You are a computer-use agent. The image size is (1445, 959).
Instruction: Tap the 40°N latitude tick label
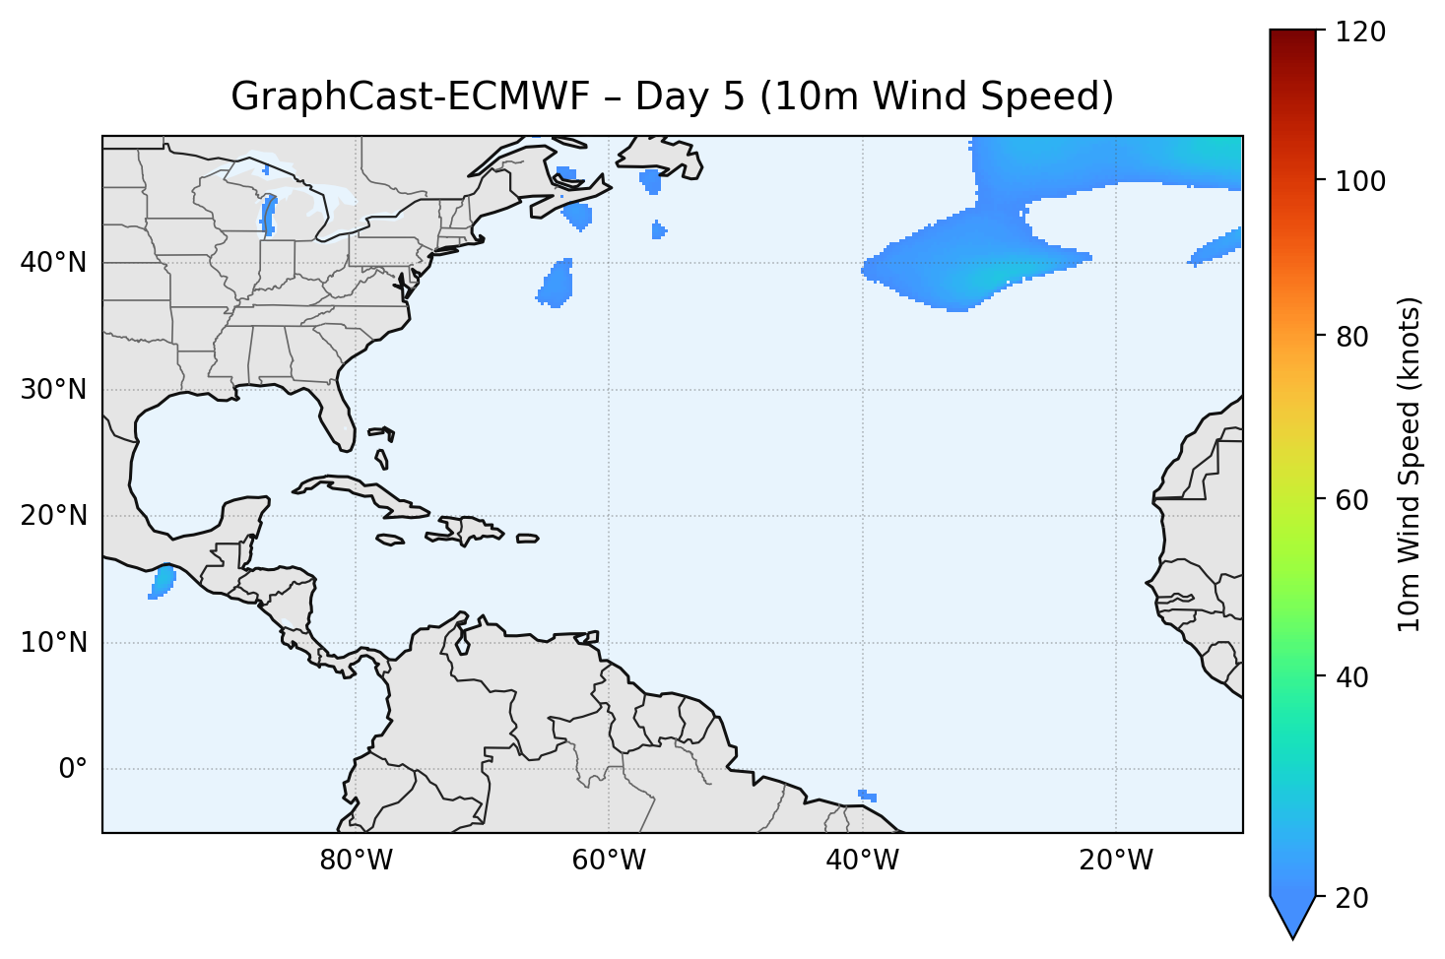point(53,263)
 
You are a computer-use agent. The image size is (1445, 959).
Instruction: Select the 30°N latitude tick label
point(53,390)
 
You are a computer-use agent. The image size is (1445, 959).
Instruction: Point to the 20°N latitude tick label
point(53,516)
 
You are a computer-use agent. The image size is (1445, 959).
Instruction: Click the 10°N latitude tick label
point(53,643)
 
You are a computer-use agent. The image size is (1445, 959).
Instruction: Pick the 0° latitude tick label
point(72,769)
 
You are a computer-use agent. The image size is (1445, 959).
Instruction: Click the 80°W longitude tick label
point(356,861)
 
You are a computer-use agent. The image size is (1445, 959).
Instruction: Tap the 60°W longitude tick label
point(609,861)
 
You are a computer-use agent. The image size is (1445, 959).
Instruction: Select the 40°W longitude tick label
point(862,861)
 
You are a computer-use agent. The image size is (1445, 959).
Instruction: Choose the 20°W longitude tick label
point(1115,861)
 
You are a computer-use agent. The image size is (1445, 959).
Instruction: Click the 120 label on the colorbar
point(1361,32)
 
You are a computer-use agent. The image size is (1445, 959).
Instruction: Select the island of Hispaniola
point(470,530)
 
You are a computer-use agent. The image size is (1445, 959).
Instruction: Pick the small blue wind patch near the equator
point(867,796)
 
